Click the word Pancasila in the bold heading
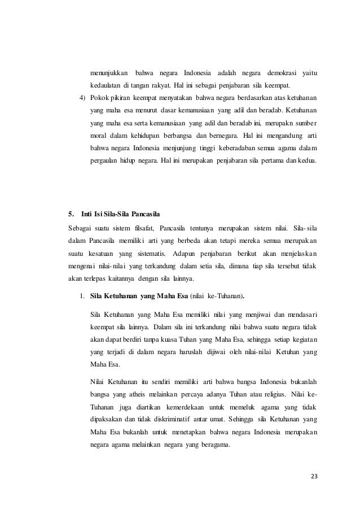146,214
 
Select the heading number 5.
71,214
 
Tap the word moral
99,136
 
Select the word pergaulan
105,161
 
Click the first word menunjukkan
109,73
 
